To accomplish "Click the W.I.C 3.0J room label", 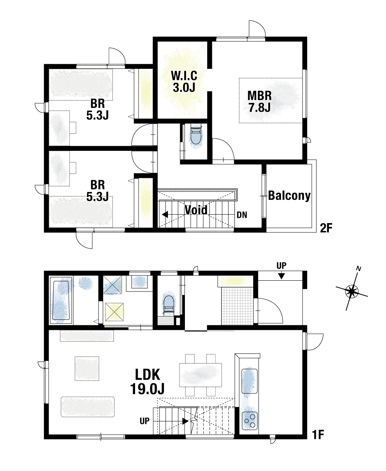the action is (184, 82).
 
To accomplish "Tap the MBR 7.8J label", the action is (259, 101).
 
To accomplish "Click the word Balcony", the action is (289, 196).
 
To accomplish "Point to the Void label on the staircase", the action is (196, 210).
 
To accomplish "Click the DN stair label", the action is (242, 215).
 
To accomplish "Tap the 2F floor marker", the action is (326, 228).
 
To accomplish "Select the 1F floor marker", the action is (318, 435).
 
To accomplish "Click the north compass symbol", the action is (352, 291).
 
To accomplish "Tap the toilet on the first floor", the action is (169, 306).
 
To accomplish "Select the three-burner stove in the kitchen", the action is (250, 420).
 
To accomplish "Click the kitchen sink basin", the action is (249, 381).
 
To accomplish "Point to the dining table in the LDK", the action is (200, 375).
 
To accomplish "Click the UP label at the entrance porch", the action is (281, 266).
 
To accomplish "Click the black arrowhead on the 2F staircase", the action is (165, 215).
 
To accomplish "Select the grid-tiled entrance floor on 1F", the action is (237, 306).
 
